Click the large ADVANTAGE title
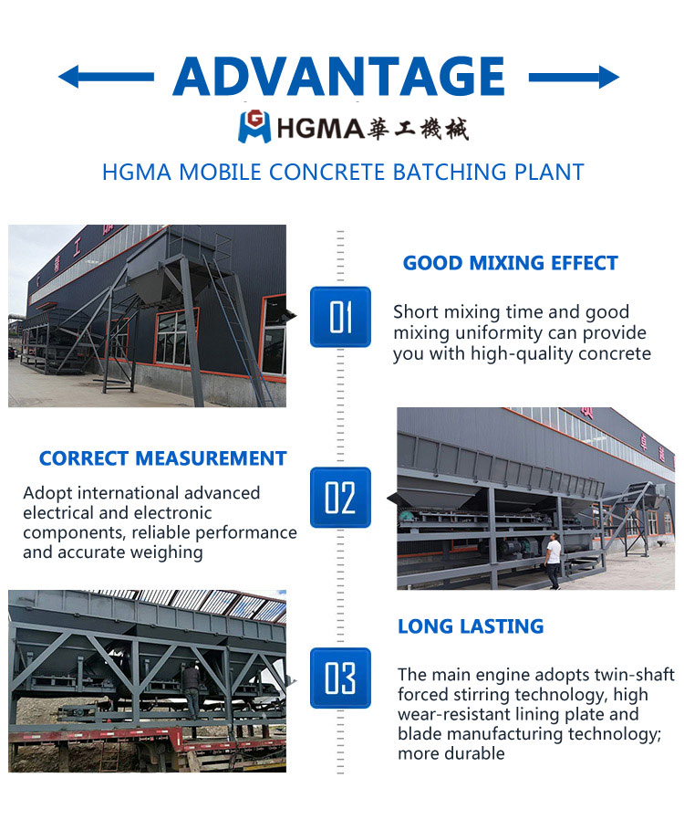[x=339, y=77]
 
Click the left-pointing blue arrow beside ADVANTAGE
[x=106, y=77]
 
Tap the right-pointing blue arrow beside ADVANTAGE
[x=574, y=78]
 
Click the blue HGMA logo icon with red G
[x=254, y=127]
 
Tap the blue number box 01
[x=340, y=317]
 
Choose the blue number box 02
[x=340, y=498]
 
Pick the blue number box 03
[x=340, y=678]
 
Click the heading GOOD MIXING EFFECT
[x=510, y=263]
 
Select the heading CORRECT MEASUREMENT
[x=163, y=458]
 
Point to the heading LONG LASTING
[x=471, y=626]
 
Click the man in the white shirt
[x=553, y=561]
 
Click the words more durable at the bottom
[x=451, y=753]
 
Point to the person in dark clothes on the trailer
[x=191, y=690]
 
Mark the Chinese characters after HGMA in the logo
[x=418, y=129]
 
